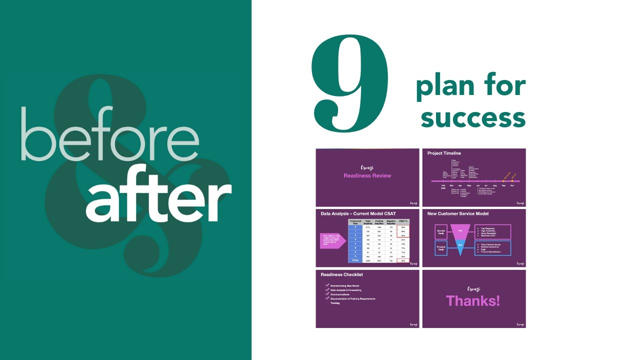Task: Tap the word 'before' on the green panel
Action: pyautogui.click(x=110, y=135)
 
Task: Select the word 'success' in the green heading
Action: pyautogui.click(x=472, y=118)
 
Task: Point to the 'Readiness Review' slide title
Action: pyautogui.click(x=367, y=175)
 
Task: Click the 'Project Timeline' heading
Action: pyautogui.click(x=444, y=153)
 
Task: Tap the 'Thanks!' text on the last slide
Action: pyautogui.click(x=473, y=300)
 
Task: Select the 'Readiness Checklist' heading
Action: pyautogui.click(x=342, y=274)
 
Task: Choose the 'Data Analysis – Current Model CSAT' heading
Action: pyautogui.click(x=358, y=213)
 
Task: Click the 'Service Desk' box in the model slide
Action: pyautogui.click(x=441, y=231)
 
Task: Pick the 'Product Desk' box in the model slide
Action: pyautogui.click(x=441, y=248)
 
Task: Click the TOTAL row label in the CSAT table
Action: pyautogui.click(x=355, y=260)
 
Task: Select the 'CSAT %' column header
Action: pyautogui.click(x=403, y=221)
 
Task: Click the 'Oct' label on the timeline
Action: pyautogui.click(x=512, y=185)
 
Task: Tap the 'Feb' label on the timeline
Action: pyautogui.click(x=443, y=185)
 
